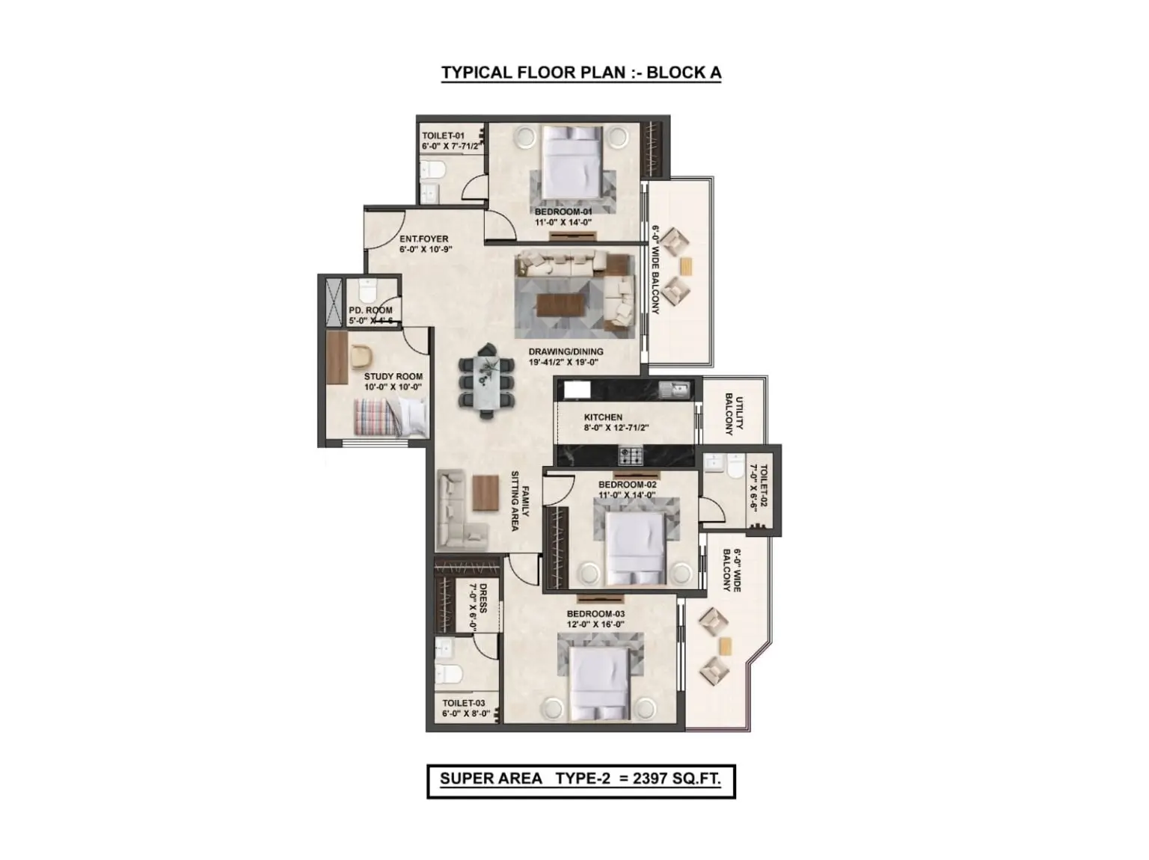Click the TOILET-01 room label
coord(443,135)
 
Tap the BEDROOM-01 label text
coord(563,212)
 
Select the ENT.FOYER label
coord(423,239)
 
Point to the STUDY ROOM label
coord(393,376)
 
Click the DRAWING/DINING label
coord(565,351)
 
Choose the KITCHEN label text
coord(602,417)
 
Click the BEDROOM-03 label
coord(595,613)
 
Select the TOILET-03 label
coord(463,702)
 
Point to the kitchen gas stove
coord(631,455)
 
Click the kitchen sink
coord(675,389)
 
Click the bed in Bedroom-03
coord(598,684)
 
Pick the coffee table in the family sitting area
coord(485,492)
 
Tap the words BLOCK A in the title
coord(684,73)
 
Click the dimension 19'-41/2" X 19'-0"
coord(563,362)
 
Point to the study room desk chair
coord(361,356)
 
